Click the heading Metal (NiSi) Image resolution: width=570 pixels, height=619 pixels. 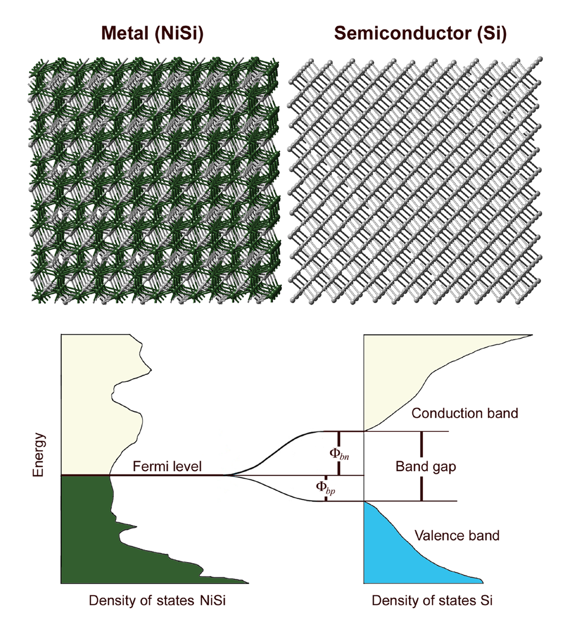pyautogui.click(x=152, y=34)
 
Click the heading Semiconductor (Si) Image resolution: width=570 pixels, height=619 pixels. pyautogui.click(x=420, y=34)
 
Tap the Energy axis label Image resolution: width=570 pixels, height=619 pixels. pyautogui.click(x=38, y=455)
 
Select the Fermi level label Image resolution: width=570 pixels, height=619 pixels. pyautogui.click(x=167, y=466)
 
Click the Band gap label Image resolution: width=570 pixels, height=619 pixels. pyautogui.click(x=425, y=466)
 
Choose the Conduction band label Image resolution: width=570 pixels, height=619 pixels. pyautogui.click(x=464, y=413)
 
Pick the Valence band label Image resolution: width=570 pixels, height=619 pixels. pyautogui.click(x=457, y=535)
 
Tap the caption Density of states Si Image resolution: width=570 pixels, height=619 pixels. pyautogui.click(x=432, y=600)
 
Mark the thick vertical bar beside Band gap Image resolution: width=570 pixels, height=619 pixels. pyautogui.click(x=421, y=466)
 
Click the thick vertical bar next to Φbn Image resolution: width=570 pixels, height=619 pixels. pyautogui.click(x=338, y=453)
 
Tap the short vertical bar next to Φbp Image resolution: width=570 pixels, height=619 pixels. pyautogui.click(x=325, y=488)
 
